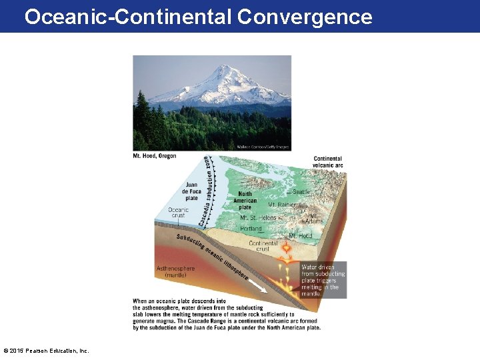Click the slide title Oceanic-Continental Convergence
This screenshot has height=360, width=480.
198,16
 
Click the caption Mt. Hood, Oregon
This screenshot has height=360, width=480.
155,156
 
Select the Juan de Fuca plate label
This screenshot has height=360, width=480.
191,191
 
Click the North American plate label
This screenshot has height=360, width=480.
245,201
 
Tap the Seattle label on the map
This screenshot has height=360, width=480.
301,192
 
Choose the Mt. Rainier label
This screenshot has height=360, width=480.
282,205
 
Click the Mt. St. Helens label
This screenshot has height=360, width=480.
257,217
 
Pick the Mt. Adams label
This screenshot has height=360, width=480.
313,219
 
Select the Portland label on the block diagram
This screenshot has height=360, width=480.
251,229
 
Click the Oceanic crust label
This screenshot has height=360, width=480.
178,213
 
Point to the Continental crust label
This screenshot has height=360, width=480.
263,247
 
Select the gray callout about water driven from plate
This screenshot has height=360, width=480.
323,280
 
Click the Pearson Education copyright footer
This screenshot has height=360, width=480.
46,351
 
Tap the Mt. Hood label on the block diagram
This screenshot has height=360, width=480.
301,236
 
